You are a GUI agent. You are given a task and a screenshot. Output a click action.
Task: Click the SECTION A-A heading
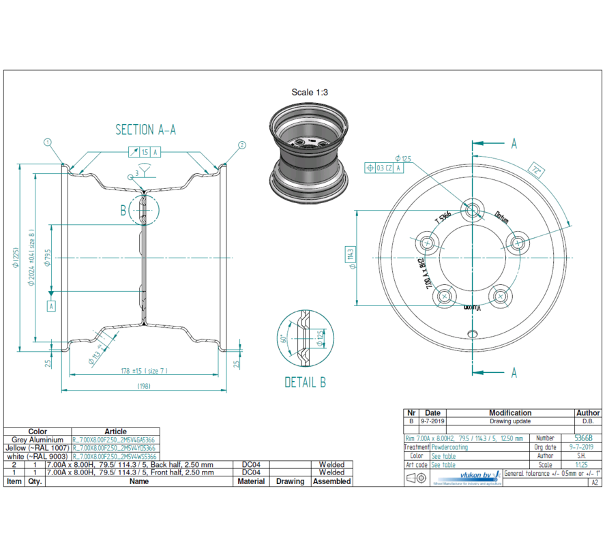coord(145,130)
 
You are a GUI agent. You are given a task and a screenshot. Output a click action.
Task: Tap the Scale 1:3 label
coord(310,92)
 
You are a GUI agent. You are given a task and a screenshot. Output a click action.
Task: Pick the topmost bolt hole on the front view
coord(472,207)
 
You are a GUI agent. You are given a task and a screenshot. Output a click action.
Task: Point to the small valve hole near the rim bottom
coord(472,333)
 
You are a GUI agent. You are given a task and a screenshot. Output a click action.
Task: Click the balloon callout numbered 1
coord(48,142)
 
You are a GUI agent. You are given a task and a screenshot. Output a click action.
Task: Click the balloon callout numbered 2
coord(241,145)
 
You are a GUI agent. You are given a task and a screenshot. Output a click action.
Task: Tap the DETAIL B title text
coord(305,382)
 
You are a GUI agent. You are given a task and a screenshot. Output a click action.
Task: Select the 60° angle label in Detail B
coord(282,338)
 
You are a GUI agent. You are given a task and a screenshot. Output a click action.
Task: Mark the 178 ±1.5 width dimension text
coord(143,370)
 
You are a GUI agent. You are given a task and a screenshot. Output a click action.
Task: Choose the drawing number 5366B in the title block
coord(583,438)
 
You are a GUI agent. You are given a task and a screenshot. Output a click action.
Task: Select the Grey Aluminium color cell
coord(38,440)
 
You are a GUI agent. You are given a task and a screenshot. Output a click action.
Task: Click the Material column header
coord(251,481)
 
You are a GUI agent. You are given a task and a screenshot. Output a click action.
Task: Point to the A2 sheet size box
coord(594,482)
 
